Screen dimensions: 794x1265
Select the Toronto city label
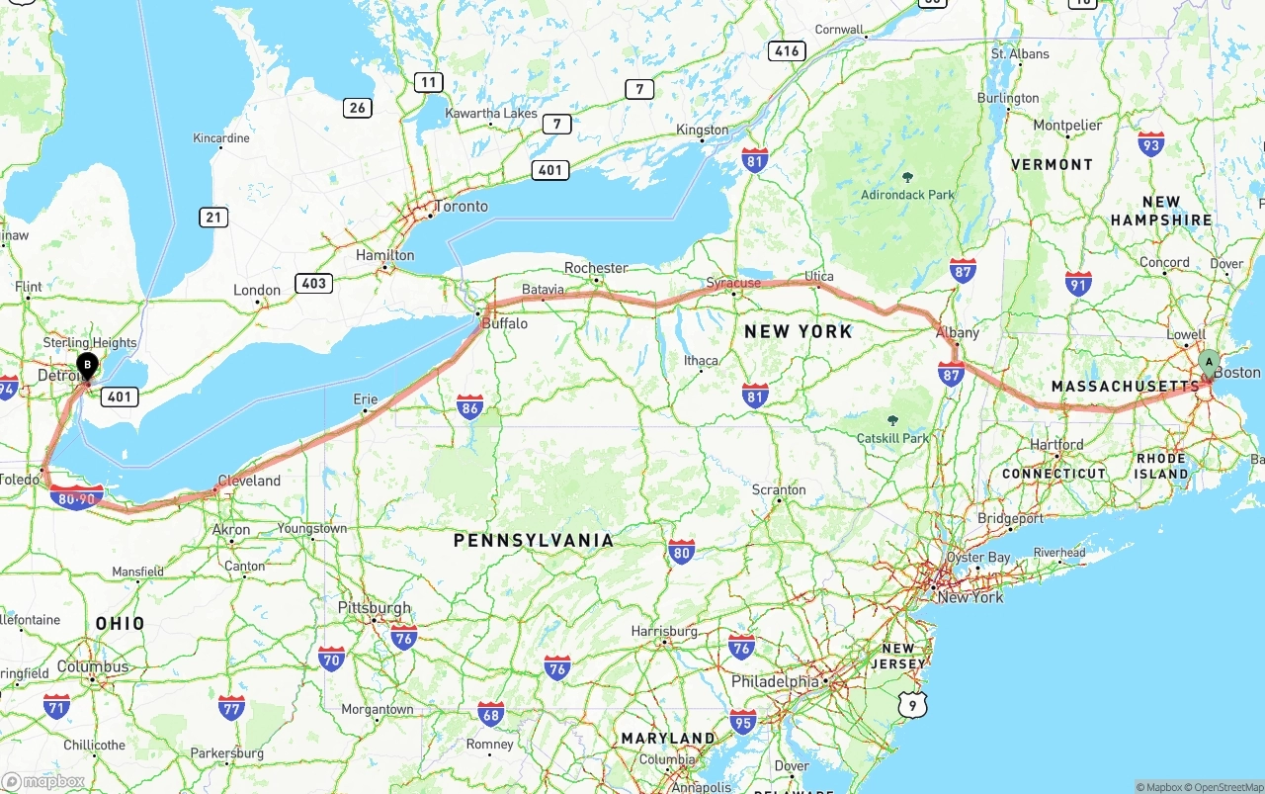(462, 207)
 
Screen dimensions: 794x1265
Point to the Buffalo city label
(505, 323)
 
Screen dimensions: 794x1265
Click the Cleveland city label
(249, 481)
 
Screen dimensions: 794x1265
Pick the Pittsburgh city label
(375, 608)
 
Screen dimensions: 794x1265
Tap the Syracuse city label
(733, 283)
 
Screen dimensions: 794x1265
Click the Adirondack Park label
(907, 195)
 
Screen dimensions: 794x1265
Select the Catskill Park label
(893, 438)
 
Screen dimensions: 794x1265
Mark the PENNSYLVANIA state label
(534, 540)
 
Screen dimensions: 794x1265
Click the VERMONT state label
(1052, 165)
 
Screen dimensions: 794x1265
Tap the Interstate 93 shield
(1150, 144)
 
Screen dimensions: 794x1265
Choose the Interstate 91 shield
(1078, 285)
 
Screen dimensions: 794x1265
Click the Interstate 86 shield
(470, 406)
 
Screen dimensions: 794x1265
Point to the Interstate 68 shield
(490, 713)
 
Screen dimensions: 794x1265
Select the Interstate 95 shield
(742, 721)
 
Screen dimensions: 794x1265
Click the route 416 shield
(787, 51)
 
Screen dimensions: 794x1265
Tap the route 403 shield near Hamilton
(313, 284)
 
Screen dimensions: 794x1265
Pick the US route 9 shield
(914, 704)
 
